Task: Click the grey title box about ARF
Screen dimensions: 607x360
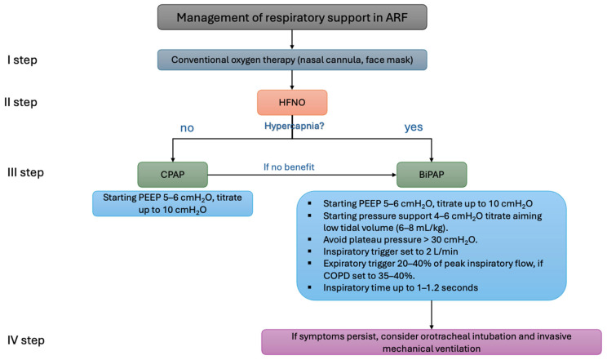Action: (292, 17)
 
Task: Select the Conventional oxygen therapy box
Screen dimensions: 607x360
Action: (292, 60)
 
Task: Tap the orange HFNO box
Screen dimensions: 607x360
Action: (292, 102)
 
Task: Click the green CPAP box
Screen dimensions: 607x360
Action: (173, 175)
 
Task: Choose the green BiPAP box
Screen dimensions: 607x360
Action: (432, 175)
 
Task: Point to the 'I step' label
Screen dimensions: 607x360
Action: (22, 60)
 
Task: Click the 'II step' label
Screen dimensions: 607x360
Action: (20, 102)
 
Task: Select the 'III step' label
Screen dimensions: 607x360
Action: (25, 172)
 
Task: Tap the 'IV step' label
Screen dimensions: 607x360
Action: (25, 340)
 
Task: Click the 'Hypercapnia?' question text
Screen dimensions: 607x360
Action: (295, 126)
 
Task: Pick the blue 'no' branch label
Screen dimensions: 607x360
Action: (187, 128)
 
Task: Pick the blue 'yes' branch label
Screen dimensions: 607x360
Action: (414, 127)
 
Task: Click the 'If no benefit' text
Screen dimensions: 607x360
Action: (289, 167)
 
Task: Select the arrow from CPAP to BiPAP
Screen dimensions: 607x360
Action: (302, 175)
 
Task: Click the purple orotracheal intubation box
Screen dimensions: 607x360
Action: (432, 342)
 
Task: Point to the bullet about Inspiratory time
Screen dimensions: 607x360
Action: (401, 287)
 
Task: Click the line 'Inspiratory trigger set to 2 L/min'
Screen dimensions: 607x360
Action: (390, 251)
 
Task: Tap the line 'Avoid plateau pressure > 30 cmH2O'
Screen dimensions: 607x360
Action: (400, 240)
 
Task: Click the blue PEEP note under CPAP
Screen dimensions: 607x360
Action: (173, 203)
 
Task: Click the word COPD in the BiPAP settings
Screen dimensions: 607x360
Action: (336, 276)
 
